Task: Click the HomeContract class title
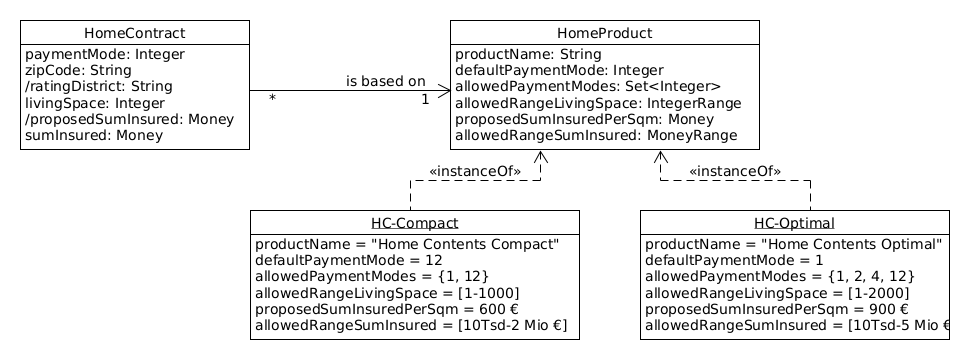[134, 34]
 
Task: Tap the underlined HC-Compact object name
[415, 223]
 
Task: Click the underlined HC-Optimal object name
[794, 223]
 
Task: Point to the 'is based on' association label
[385, 81]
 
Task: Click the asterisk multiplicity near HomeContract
[272, 99]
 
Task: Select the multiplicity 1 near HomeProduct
[425, 99]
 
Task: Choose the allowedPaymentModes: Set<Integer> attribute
[587, 87]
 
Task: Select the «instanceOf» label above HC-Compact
[474, 171]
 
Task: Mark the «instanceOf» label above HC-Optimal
[734, 171]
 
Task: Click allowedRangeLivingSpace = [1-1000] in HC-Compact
[387, 293]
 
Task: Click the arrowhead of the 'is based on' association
[444, 91]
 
